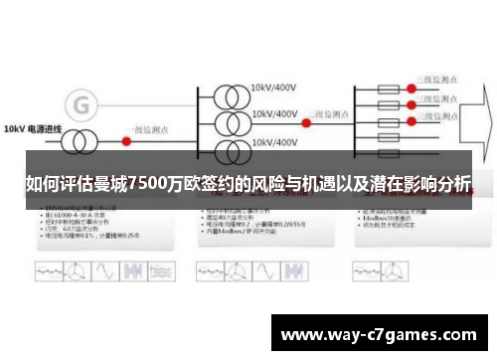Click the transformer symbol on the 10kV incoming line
93,130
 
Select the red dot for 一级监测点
126,130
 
